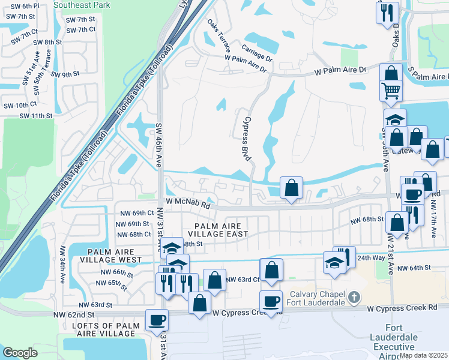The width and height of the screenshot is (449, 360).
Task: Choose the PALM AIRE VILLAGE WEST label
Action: [x=115, y=256]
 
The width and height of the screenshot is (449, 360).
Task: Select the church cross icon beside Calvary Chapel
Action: [x=355, y=297]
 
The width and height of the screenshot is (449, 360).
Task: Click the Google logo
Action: [x=20, y=353]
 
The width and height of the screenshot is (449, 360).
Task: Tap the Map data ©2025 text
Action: [x=424, y=355]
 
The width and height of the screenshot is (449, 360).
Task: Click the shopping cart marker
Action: [x=390, y=91]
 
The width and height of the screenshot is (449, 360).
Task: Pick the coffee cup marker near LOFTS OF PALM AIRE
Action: [x=157, y=320]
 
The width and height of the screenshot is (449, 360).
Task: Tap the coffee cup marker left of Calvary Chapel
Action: [x=271, y=301]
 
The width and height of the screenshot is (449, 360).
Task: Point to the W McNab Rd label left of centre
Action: [x=188, y=205]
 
